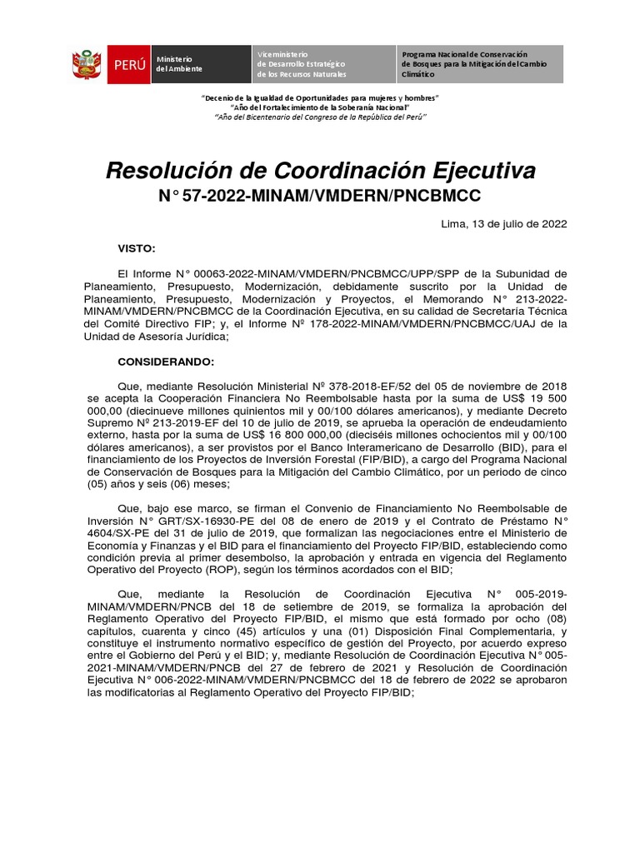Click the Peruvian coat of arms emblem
coord(87,64)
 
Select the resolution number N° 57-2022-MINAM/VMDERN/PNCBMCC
coord(320,197)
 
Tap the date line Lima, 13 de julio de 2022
coord(503,224)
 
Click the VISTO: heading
coord(137,248)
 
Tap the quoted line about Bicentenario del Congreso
coord(321,117)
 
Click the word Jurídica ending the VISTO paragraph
coord(196,337)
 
